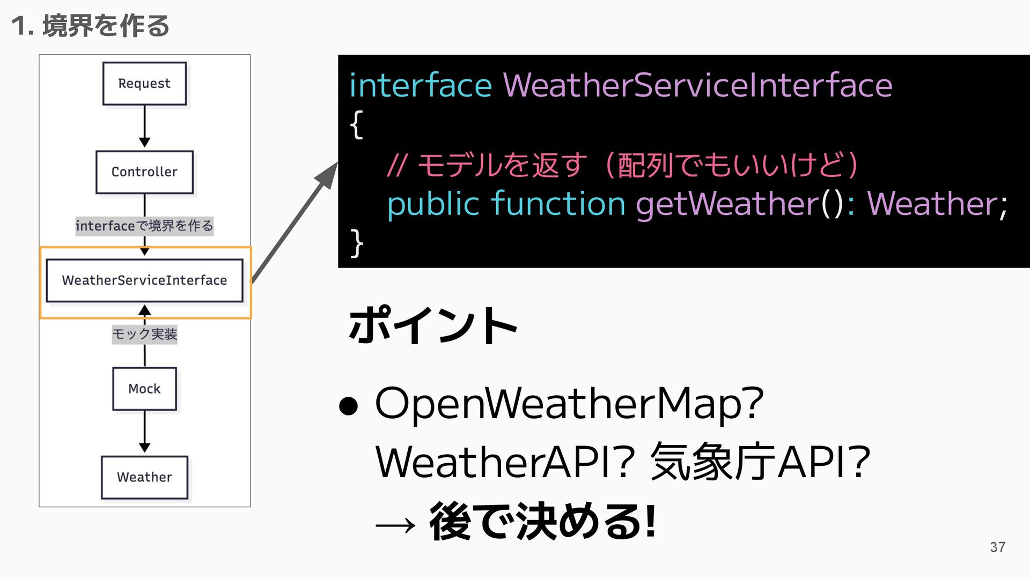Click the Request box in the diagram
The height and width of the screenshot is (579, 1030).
pos(144,84)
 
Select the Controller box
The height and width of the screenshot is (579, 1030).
pos(144,172)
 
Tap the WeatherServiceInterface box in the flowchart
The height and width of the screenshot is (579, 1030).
pos(144,280)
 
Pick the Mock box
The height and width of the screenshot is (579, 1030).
pos(144,389)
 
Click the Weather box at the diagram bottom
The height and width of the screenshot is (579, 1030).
pos(144,477)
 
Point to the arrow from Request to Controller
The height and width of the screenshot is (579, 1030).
pos(144,127)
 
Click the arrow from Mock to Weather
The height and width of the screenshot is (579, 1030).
pos(144,432)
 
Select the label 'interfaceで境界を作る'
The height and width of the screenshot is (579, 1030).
pos(144,226)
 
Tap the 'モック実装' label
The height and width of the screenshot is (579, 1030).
pos(144,334)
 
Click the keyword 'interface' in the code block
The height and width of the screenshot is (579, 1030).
pos(420,85)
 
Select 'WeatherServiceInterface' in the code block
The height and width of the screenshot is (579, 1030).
pos(697,85)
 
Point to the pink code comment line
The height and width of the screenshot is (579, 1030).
pos(622,165)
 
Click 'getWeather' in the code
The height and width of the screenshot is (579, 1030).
pos(727,204)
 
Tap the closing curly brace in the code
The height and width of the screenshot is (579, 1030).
pos(356,243)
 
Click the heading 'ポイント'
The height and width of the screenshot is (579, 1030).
pos(432,325)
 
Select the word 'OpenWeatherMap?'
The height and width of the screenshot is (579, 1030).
pos(569,404)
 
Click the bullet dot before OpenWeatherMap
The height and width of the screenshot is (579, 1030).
pos(348,406)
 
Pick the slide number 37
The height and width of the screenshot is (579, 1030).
pos(997,547)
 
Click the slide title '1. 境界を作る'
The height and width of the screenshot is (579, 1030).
pos(90,26)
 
